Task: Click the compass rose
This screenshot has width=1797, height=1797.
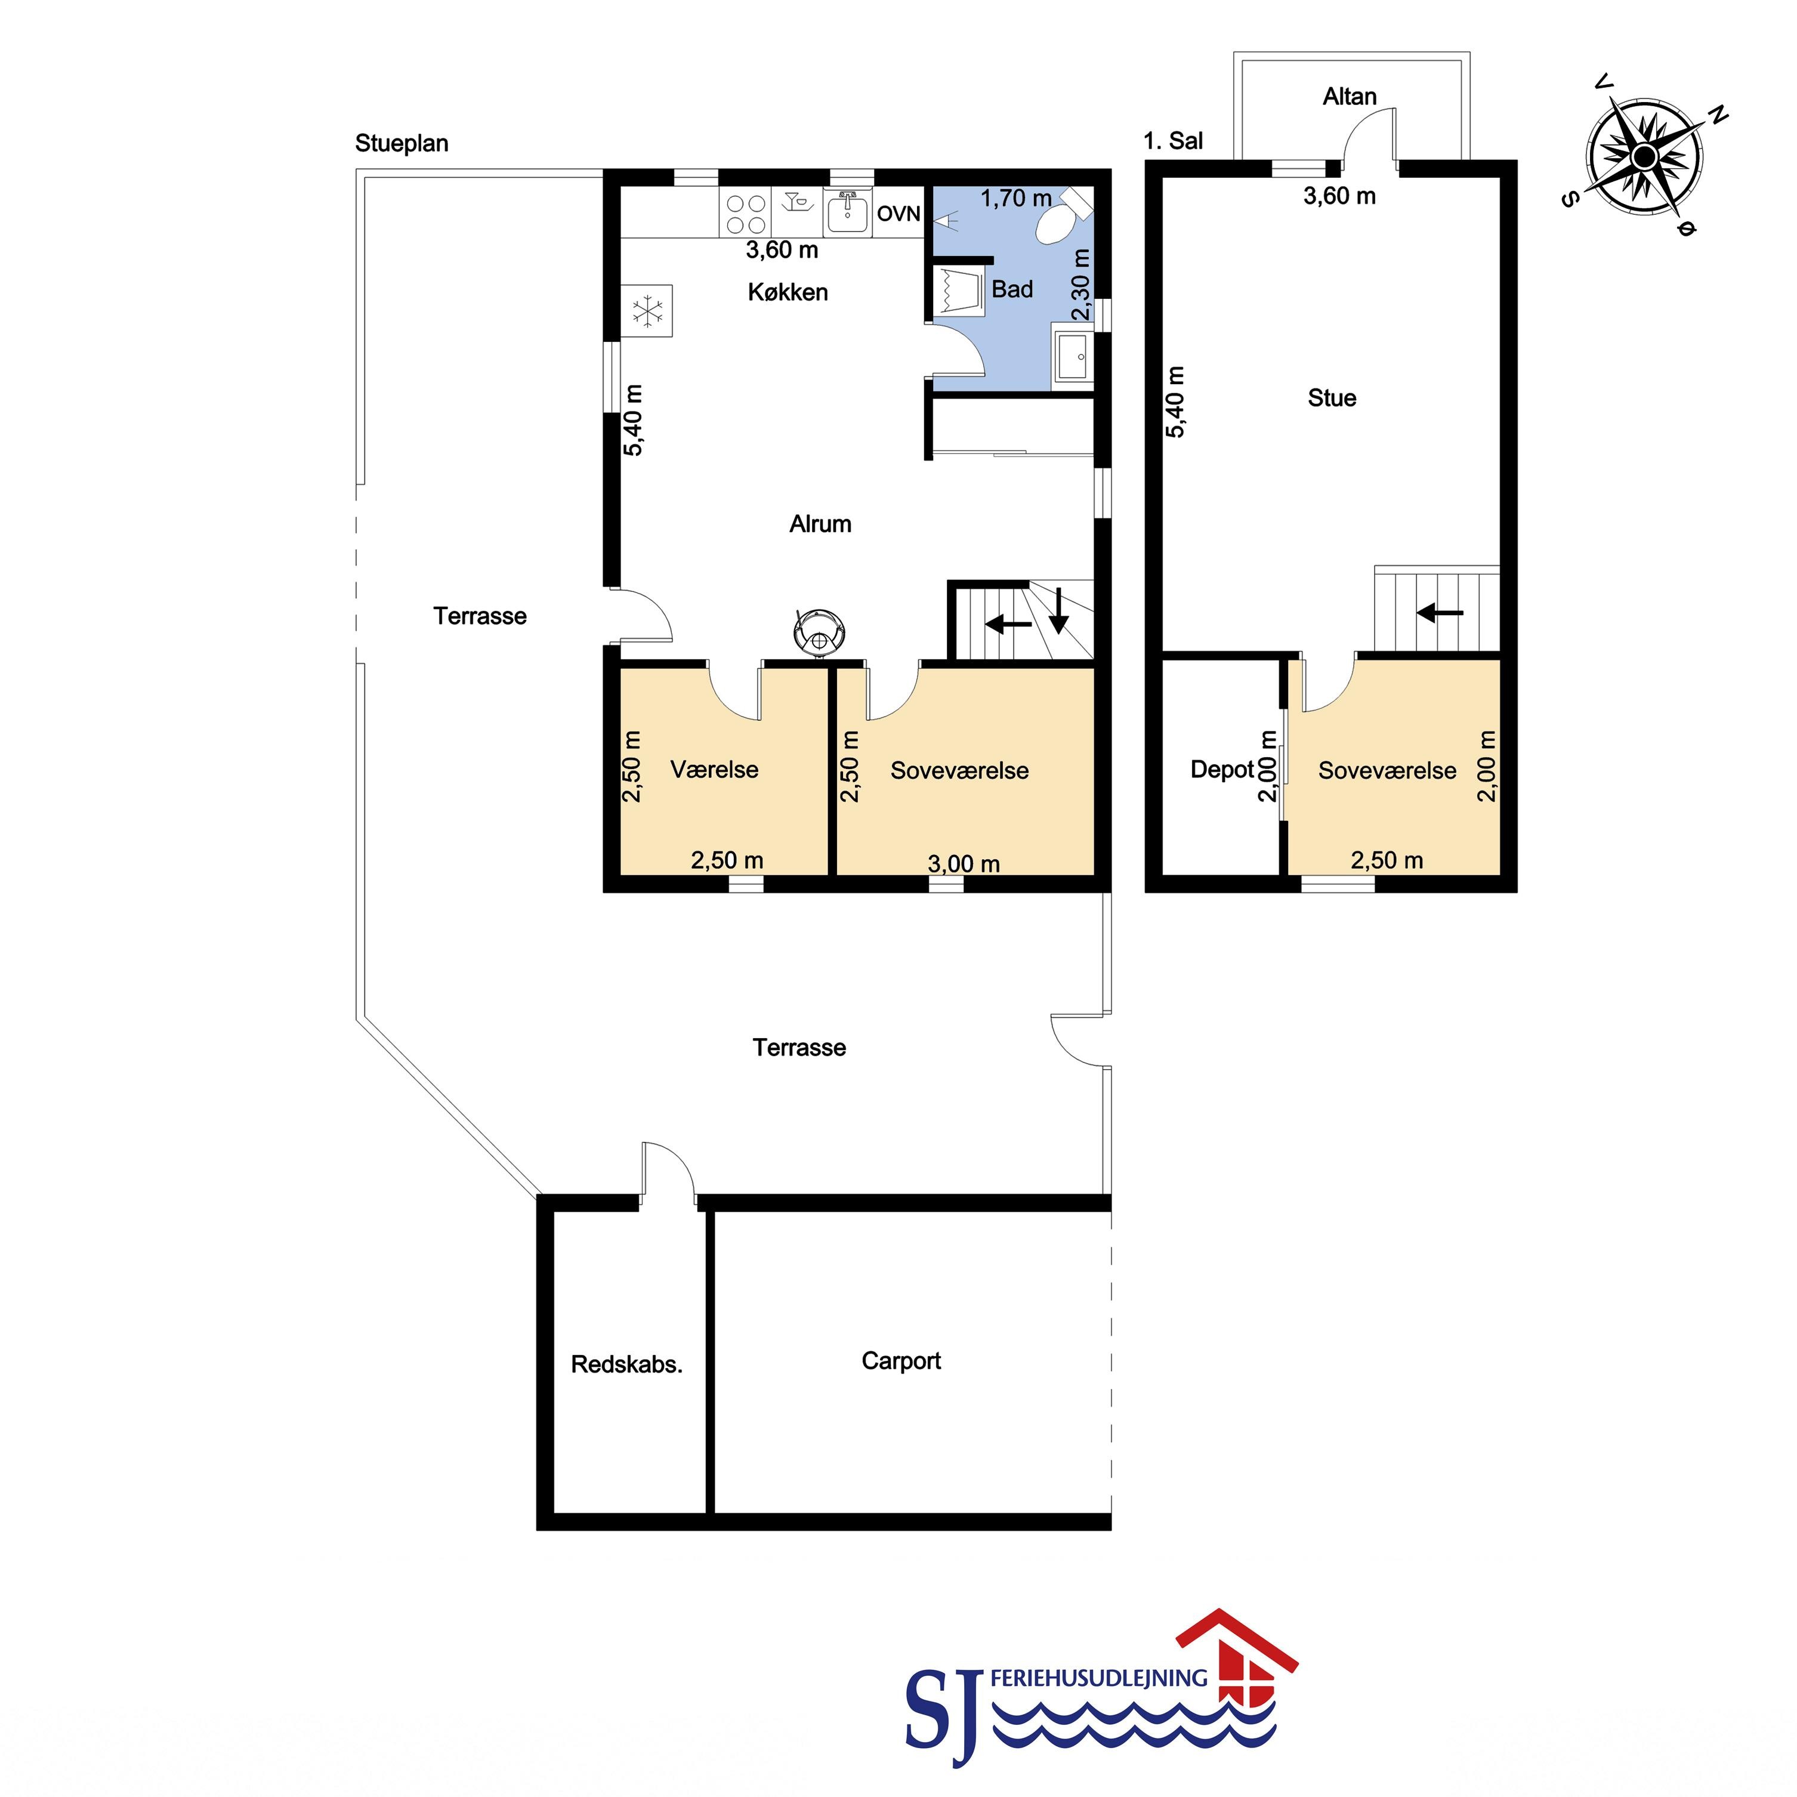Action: coord(1644,155)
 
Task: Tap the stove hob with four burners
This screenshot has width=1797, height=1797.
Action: coord(745,214)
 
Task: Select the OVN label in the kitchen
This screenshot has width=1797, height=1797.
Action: coord(898,214)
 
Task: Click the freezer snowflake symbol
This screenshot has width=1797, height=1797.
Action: coord(647,311)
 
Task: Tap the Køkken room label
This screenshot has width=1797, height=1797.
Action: coord(788,292)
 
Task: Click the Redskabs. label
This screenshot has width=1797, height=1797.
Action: coord(627,1364)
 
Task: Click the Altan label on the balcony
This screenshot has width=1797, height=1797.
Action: coord(1350,97)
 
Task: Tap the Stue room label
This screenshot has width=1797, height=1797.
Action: coord(1332,398)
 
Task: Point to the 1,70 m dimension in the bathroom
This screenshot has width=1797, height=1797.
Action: coord(1015,198)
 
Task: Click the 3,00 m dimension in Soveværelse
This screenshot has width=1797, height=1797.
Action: coord(964,864)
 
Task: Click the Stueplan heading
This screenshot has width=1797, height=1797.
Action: coord(402,143)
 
